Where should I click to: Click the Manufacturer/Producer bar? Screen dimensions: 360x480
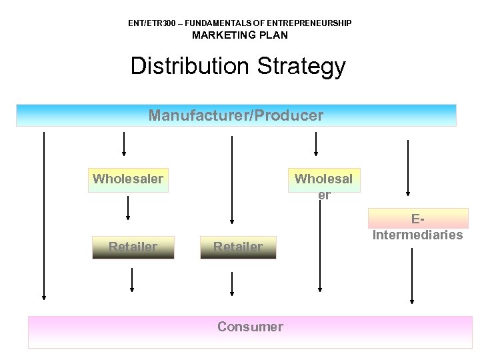tap(236, 115)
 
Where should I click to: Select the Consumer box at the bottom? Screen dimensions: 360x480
tap(250, 331)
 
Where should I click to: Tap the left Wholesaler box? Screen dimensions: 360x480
tap(128, 179)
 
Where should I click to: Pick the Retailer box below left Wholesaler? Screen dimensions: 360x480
tap(133, 247)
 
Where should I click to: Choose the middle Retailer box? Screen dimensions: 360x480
tap(238, 247)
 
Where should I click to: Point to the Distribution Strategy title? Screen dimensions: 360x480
tap(238, 66)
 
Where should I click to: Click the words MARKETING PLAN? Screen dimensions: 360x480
tap(240, 35)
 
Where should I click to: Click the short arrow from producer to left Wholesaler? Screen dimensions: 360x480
tap(124, 143)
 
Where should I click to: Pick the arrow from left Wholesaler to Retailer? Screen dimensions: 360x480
tap(128, 208)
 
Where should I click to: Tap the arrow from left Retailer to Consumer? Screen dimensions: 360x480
tap(132, 280)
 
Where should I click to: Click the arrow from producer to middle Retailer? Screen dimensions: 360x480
tap(231, 180)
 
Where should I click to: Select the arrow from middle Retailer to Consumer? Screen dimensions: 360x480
tap(232, 283)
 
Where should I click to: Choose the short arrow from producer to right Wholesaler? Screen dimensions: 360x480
tap(316, 143)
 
